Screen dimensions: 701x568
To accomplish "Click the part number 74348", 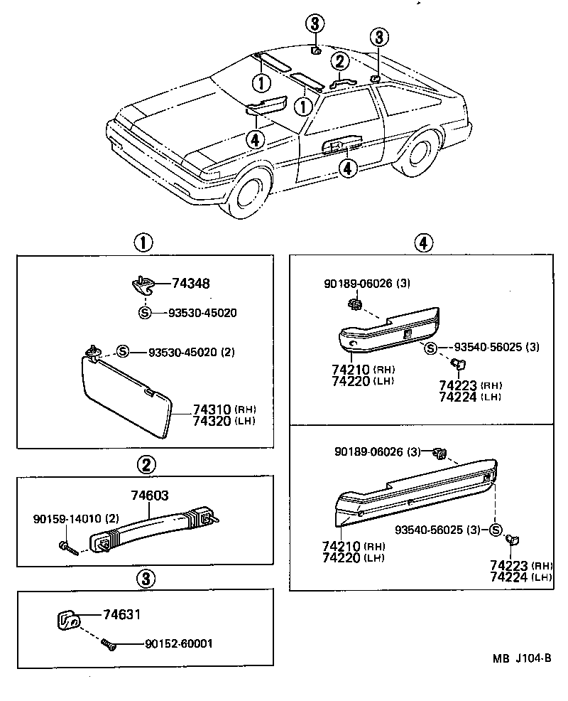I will (x=190, y=284).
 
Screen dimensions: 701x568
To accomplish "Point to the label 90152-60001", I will (x=178, y=644).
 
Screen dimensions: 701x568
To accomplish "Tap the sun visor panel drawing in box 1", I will (x=124, y=395).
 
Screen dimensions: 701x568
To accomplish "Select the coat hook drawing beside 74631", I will (x=67, y=620).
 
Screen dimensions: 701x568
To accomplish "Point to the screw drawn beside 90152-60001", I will (x=108, y=645).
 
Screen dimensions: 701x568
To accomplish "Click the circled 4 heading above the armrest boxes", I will (x=422, y=243).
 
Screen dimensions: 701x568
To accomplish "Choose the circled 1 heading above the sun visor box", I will (x=144, y=243).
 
